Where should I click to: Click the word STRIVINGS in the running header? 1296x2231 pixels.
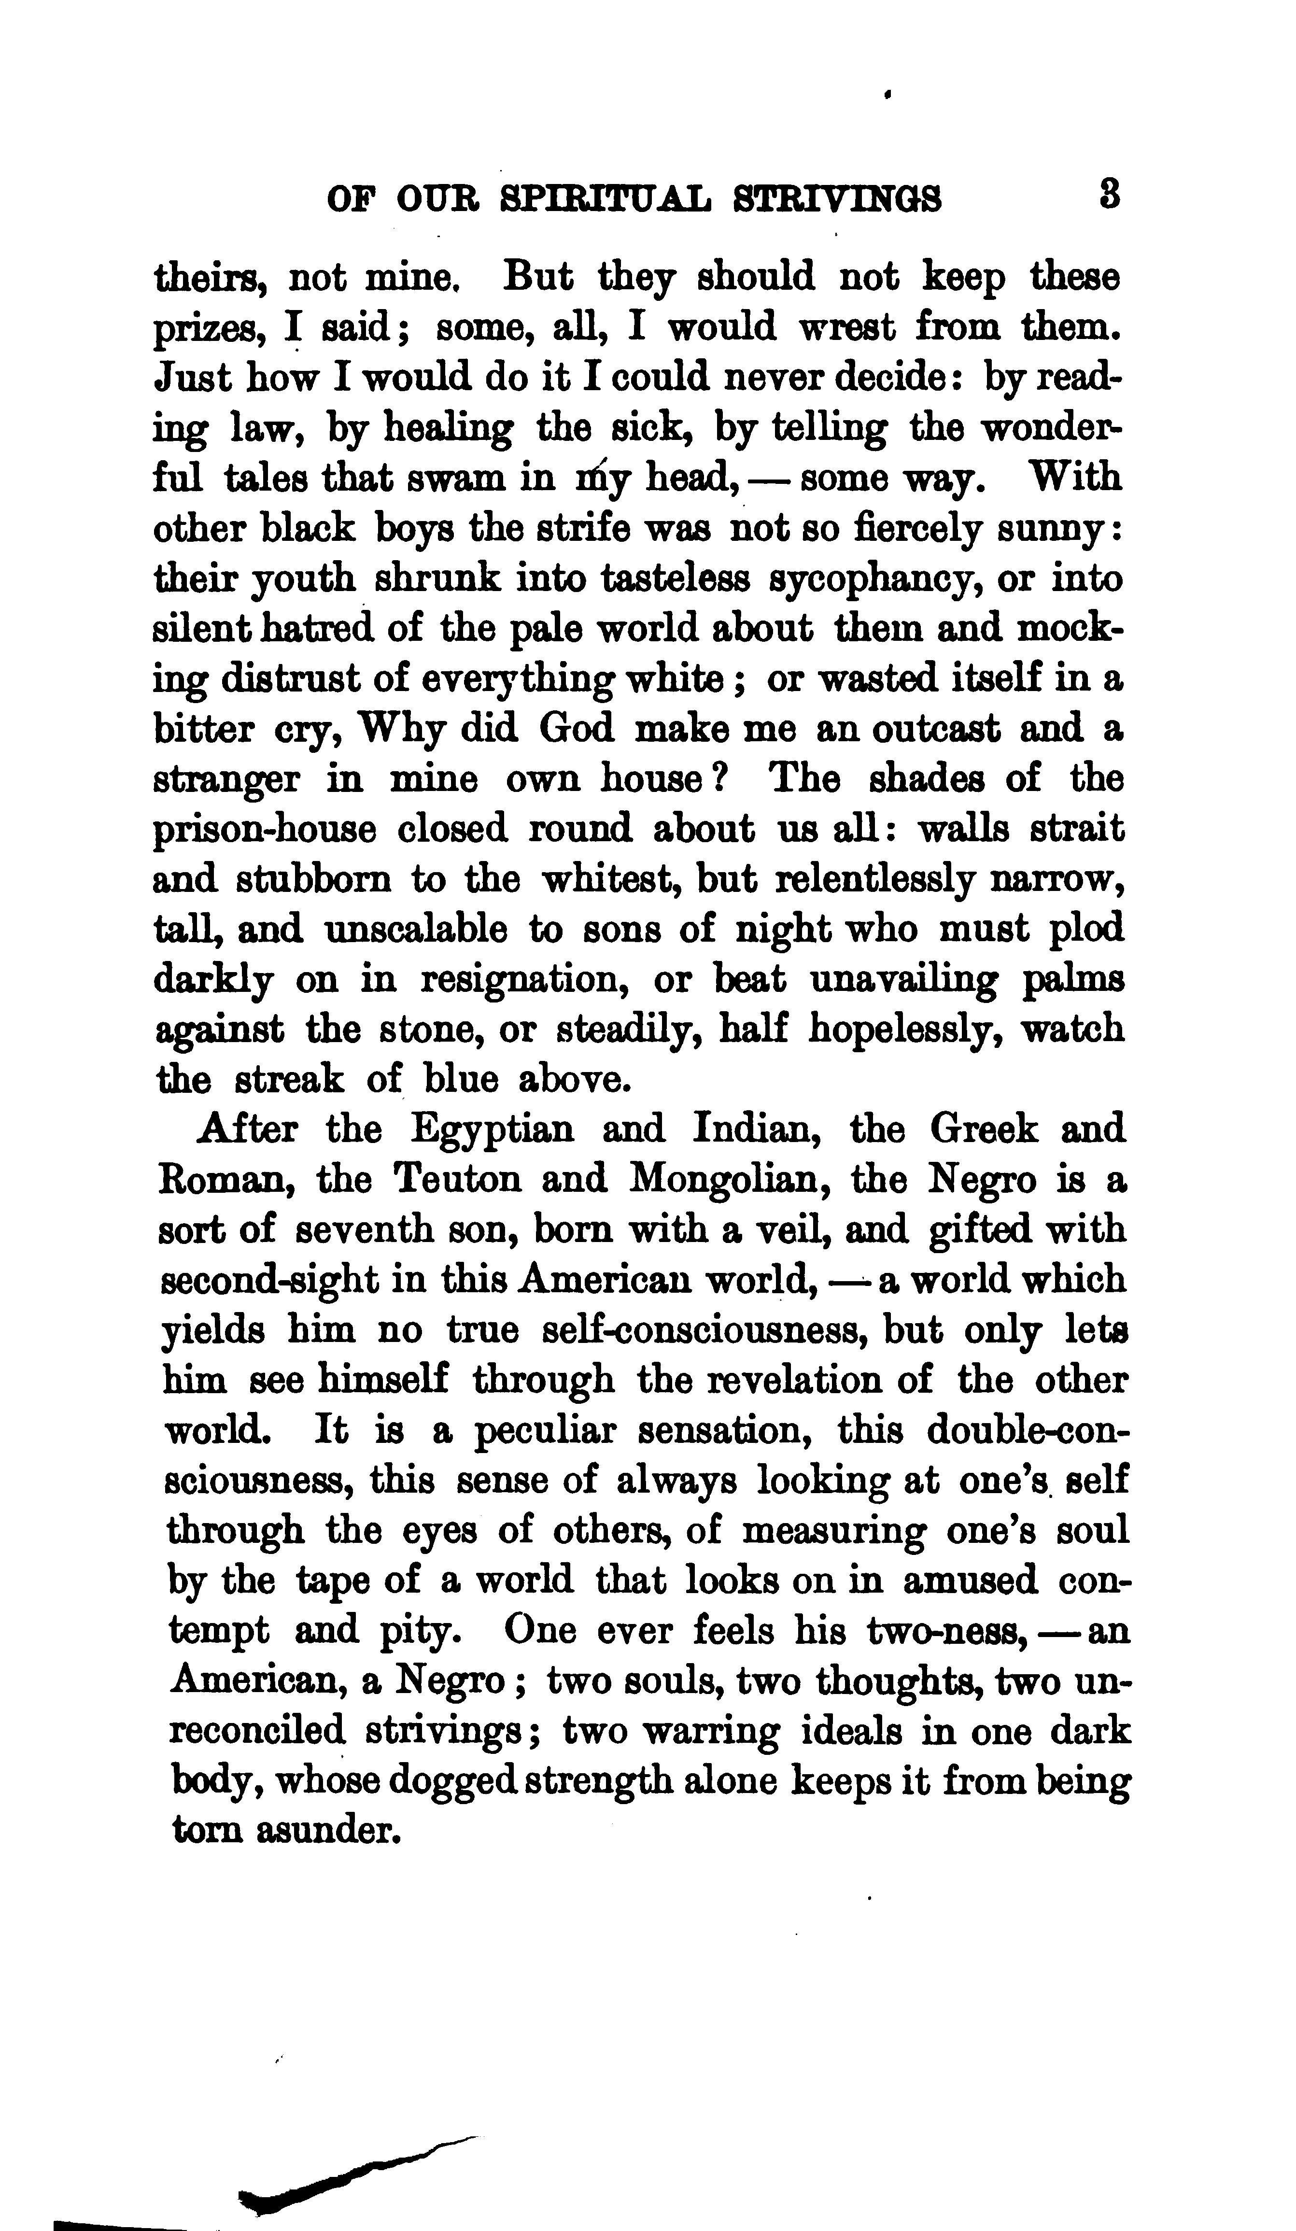[x=837, y=199]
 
